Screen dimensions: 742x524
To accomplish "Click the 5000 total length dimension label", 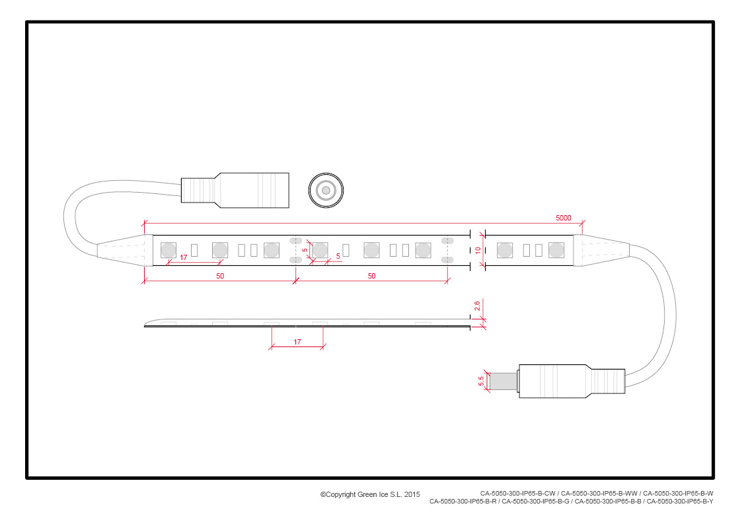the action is click(x=563, y=218).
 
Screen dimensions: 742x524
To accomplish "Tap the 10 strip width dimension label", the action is click(x=478, y=250).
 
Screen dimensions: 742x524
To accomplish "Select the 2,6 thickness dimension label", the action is click(x=477, y=306).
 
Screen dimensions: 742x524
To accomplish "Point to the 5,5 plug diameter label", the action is click(x=481, y=381).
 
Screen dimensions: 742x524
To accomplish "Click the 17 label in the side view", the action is click(x=297, y=342).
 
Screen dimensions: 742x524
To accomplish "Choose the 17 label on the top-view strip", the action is click(x=184, y=257).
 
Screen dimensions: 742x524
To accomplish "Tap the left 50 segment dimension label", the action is click(x=220, y=276).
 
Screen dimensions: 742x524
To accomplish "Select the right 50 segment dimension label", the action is click(x=371, y=276).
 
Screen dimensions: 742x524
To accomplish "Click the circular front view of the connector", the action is click(x=326, y=191).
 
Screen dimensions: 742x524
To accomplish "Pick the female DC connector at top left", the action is click(x=235, y=190).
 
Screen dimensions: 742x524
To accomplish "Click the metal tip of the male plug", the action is click(x=503, y=381).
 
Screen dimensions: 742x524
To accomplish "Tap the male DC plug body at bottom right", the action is click(x=572, y=381).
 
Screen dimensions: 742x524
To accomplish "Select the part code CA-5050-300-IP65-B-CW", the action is click(x=518, y=493).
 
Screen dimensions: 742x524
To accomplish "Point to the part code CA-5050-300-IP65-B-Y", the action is click(x=680, y=502).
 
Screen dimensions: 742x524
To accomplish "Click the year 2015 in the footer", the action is click(x=412, y=495).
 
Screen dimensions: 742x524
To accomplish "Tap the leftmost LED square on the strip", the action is click(x=168, y=250).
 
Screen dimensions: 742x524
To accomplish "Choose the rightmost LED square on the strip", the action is click(x=556, y=250).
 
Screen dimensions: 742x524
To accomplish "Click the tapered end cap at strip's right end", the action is click(x=601, y=250).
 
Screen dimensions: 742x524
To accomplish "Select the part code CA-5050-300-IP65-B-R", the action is click(x=463, y=502).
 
